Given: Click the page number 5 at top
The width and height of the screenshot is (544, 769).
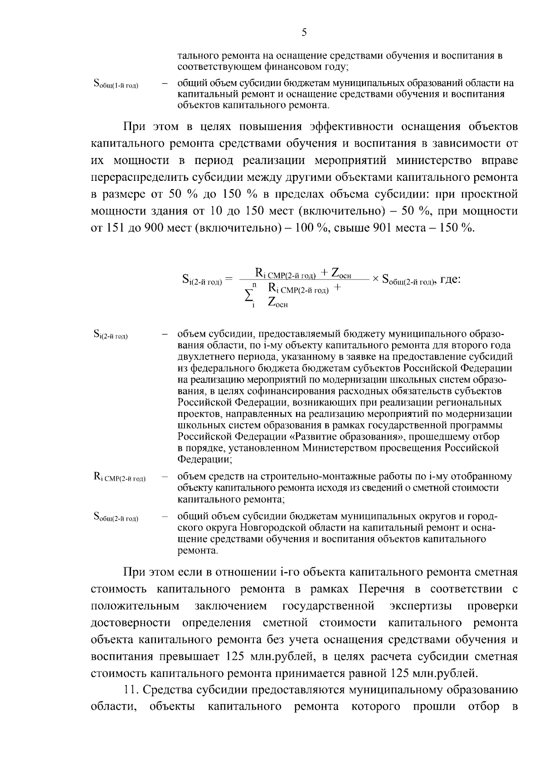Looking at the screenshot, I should click(304, 32).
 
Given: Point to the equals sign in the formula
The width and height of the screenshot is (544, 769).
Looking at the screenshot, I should click(228, 280).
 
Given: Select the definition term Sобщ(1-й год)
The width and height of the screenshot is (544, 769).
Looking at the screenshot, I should click(116, 84).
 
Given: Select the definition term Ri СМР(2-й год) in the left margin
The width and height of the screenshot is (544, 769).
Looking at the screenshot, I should click(119, 477).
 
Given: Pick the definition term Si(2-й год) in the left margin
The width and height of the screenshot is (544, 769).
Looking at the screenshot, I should click(111, 335).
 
